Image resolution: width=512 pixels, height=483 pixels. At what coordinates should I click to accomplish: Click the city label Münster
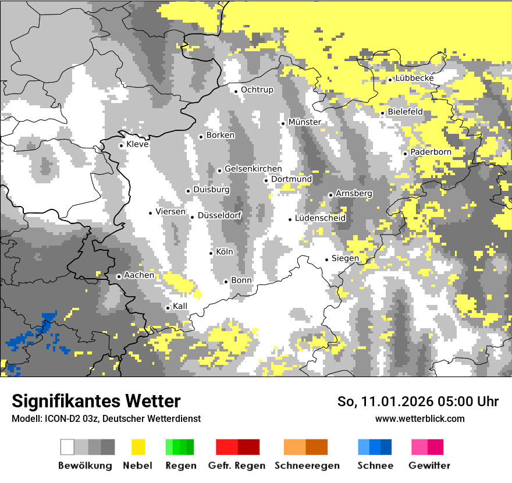pyautogui.click(x=304, y=122)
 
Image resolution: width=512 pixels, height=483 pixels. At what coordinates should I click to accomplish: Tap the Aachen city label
pyautogui.click(x=140, y=275)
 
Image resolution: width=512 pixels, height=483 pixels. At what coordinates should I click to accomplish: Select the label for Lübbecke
pyautogui.click(x=414, y=79)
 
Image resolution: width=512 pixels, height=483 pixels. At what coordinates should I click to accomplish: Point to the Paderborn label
pyautogui.click(x=431, y=152)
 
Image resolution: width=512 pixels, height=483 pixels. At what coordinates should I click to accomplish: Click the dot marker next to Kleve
pyautogui.click(x=121, y=145)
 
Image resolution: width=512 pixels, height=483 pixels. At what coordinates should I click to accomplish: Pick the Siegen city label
pyautogui.click(x=345, y=258)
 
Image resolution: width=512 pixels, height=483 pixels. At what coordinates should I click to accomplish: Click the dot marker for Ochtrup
pyautogui.click(x=236, y=91)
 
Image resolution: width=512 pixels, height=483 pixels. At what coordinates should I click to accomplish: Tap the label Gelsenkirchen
pyautogui.click(x=253, y=169)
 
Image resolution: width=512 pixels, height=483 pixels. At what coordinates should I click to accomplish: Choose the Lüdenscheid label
pyautogui.click(x=320, y=218)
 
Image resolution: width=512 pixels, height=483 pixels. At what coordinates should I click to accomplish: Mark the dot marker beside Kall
pyautogui.click(x=168, y=308)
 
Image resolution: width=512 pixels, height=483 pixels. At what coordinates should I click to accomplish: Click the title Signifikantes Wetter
pyautogui.click(x=96, y=401)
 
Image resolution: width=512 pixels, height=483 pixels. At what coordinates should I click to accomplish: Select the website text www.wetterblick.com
pyautogui.click(x=419, y=418)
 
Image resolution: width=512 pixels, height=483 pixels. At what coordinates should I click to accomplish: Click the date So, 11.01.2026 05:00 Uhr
pyautogui.click(x=418, y=402)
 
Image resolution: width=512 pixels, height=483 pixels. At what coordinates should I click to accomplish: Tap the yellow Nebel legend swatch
pyautogui.click(x=138, y=447)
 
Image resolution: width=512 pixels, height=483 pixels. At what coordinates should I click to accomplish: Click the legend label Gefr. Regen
pyautogui.click(x=237, y=466)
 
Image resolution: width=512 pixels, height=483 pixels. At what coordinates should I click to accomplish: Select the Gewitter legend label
pyautogui.click(x=429, y=466)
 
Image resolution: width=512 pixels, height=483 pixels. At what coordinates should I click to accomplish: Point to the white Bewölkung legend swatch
pyautogui.click(x=67, y=447)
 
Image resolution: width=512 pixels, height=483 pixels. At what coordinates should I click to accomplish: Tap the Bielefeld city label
pyautogui.click(x=405, y=112)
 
